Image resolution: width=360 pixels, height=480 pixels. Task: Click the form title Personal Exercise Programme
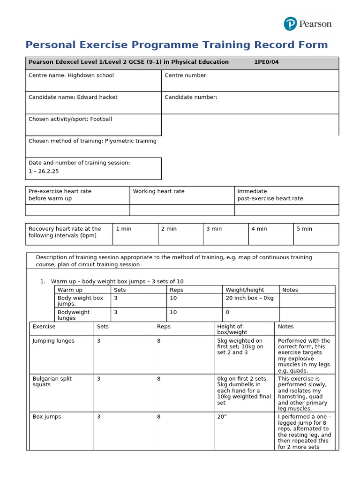tap(176, 45)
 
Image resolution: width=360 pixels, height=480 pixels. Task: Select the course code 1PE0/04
tap(266, 62)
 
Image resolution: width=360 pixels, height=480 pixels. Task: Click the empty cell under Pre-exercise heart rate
tap(77, 210)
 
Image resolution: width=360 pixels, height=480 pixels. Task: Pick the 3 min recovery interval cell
tap(225, 233)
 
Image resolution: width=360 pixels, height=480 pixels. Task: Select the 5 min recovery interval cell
tap(316, 233)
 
